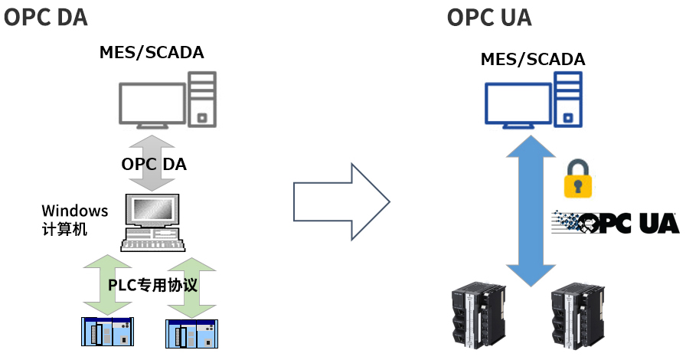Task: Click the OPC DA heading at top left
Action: click(46, 17)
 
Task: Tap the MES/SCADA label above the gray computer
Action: click(152, 53)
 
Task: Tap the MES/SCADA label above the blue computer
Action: click(532, 59)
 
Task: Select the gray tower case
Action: click(202, 99)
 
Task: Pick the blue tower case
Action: click(568, 99)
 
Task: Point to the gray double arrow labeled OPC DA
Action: click(152, 163)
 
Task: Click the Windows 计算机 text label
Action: click(74, 219)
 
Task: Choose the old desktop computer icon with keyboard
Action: click(152, 223)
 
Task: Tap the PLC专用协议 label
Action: click(152, 285)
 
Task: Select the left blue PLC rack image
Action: click(108, 331)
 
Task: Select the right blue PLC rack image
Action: click(191, 334)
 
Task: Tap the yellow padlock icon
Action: click(578, 179)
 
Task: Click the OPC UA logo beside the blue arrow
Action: click(616, 222)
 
